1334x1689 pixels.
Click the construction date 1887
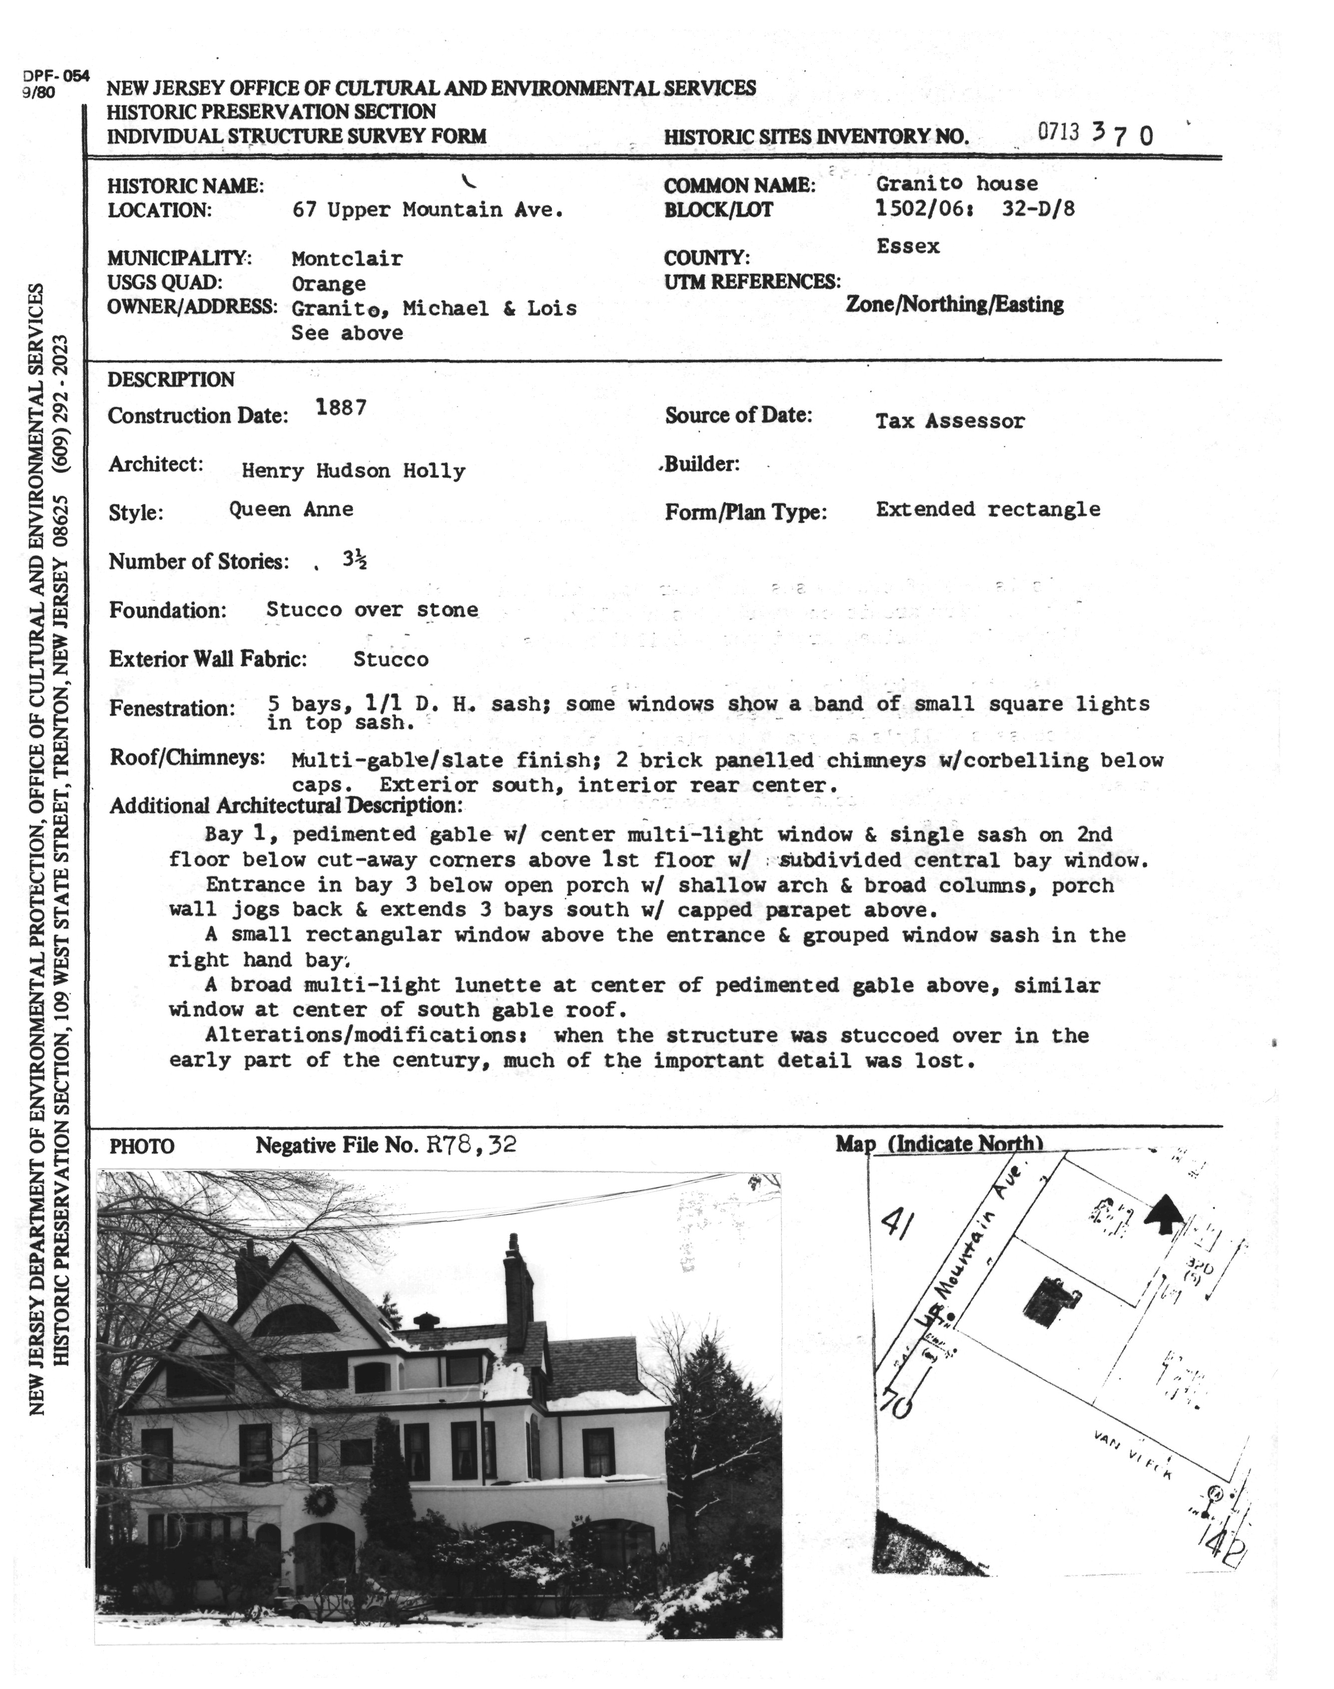[x=341, y=408]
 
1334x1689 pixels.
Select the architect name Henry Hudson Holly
[x=353, y=471]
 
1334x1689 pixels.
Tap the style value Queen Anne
[x=291, y=510]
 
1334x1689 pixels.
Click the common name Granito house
[x=957, y=184]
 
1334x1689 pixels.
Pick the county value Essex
[x=907, y=247]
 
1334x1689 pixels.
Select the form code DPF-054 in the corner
[x=56, y=76]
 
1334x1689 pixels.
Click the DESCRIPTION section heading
[x=170, y=380]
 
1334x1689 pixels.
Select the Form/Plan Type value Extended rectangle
[x=987, y=510]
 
